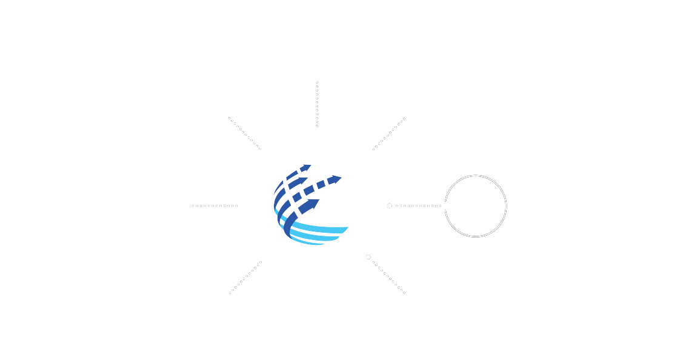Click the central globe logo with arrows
pyautogui.click(x=316, y=206)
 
